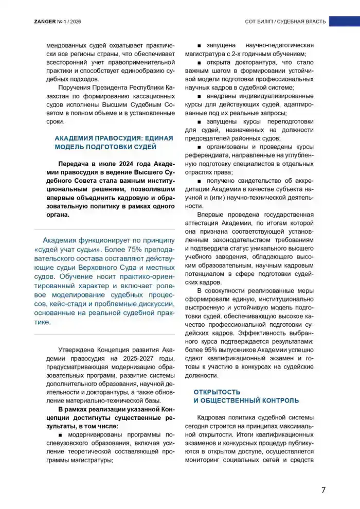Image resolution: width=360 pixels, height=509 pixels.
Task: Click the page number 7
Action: click(x=323, y=489)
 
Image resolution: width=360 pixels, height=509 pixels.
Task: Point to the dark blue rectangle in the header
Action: click(x=344, y=21)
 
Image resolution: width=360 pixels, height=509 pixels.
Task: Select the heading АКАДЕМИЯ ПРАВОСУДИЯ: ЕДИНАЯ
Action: click(x=114, y=138)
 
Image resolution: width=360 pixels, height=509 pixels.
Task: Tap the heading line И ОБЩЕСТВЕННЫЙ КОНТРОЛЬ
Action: click(x=246, y=400)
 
